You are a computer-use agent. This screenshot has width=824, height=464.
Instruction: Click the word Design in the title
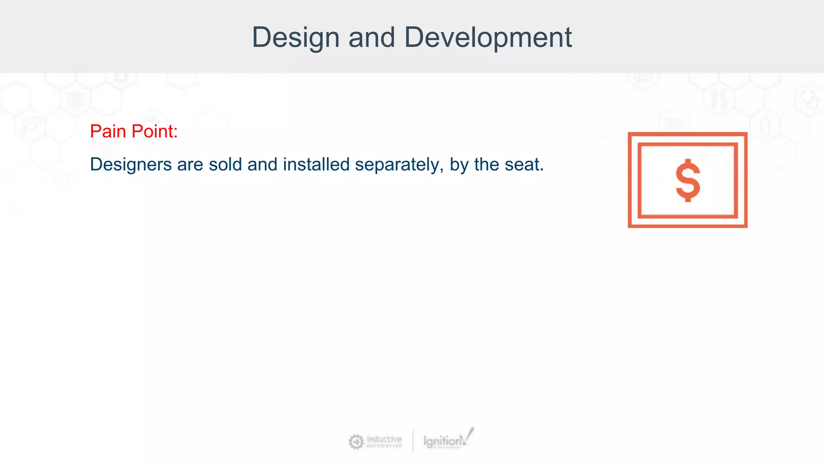pos(296,38)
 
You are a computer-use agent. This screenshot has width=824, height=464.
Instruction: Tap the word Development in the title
pos(488,38)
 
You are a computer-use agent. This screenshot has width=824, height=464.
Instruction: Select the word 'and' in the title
pos(371,38)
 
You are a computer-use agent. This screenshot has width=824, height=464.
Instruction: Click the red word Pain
pos(108,131)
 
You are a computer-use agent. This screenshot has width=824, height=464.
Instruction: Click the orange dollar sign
pos(688,180)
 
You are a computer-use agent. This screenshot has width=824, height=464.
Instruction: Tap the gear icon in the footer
pos(356,442)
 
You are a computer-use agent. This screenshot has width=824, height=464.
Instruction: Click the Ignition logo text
pos(443,441)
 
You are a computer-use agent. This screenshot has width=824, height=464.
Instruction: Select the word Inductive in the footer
pos(384,439)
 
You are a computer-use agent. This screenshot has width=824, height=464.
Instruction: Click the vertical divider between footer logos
pos(413,441)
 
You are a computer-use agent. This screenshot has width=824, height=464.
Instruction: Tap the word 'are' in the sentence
pos(190,164)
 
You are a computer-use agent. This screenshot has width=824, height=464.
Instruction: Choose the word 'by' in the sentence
pos(459,165)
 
